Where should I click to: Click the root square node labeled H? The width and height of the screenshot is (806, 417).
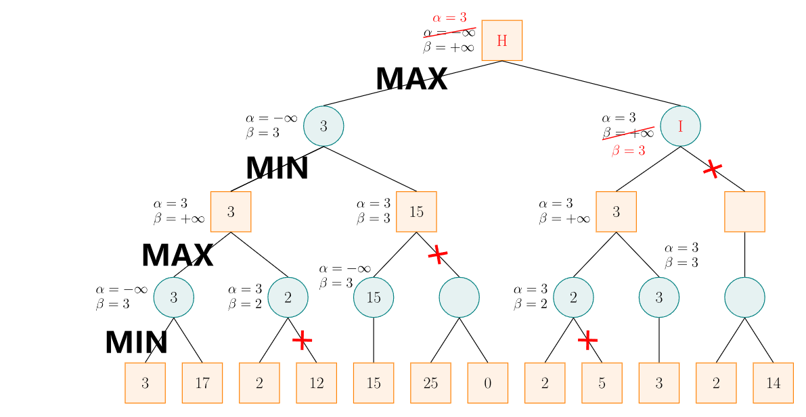point(501,41)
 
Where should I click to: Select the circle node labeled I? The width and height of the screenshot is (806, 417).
point(680,126)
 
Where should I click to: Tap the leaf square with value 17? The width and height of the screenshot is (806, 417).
point(202,383)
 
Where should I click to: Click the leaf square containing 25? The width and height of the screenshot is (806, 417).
point(430,383)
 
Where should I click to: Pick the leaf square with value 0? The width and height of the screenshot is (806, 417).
point(487,383)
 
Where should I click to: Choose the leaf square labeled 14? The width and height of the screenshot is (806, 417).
point(773,383)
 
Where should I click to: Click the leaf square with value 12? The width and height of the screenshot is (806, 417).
point(316,383)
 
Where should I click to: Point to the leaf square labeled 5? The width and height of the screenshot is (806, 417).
point(602,383)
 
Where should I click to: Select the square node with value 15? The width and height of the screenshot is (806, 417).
point(416,212)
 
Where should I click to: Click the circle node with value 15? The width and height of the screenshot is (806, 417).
point(374,297)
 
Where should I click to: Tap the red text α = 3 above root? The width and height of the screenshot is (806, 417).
point(449,18)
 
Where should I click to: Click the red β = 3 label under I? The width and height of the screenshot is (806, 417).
point(628,151)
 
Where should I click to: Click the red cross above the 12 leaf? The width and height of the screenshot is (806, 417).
point(302,340)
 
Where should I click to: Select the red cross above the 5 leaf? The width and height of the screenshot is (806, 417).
point(587,340)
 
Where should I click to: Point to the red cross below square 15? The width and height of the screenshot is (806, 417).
point(438,255)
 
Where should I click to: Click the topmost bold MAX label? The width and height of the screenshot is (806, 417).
point(411,80)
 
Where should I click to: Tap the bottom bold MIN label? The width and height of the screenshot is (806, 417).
point(136,343)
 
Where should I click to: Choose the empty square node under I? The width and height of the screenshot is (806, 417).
point(744,212)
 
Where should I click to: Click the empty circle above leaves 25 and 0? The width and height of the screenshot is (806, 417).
point(459,297)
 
